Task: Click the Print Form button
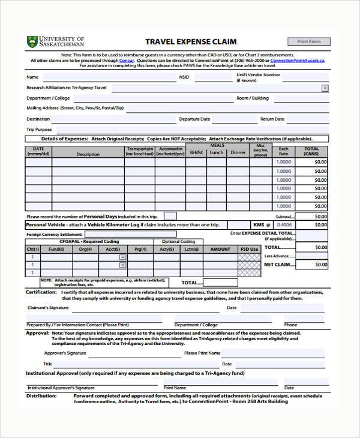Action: [309, 41]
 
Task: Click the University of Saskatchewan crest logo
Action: [32, 42]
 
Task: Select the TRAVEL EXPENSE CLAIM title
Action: [191, 41]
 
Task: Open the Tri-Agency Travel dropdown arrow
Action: [325, 88]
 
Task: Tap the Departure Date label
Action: [194, 119]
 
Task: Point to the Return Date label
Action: [272, 119]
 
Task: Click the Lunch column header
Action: [216, 152]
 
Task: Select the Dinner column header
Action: [238, 152]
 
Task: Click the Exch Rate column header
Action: [283, 151]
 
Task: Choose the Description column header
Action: [88, 154]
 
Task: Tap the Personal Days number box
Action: [170, 216]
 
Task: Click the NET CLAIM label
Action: [277, 264]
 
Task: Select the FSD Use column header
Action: [249, 249]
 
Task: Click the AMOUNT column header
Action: [220, 249]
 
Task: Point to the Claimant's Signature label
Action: [48, 308]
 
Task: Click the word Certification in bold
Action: [41, 292]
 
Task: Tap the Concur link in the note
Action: [127, 61]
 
